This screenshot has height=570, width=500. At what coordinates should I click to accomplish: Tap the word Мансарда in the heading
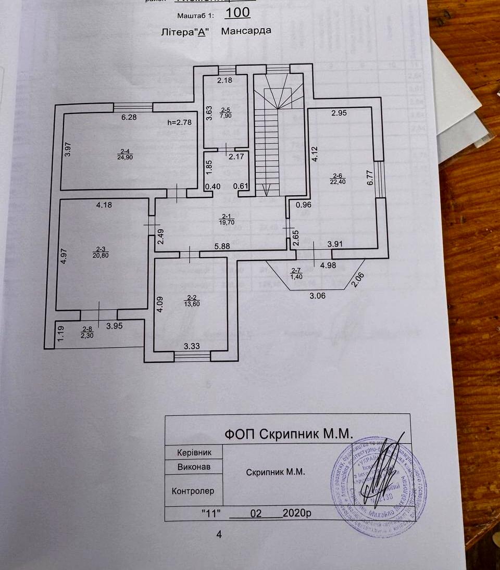coord(246,31)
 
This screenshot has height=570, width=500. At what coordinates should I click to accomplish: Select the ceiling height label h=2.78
coord(180,123)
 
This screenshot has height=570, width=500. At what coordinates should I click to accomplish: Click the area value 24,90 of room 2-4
coord(124,157)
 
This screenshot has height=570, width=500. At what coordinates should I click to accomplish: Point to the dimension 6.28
coord(129,117)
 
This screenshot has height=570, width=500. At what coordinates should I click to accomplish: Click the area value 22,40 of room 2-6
coord(338,181)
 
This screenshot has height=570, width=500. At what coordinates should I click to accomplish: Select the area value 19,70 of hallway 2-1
coord(226,222)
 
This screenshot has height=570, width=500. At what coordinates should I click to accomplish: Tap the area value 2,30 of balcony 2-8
coord(86,336)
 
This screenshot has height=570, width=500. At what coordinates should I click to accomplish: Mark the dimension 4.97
coord(64,257)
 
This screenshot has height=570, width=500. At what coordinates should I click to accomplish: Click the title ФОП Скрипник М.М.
coord(289,434)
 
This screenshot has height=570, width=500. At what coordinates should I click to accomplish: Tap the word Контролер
coord(193,491)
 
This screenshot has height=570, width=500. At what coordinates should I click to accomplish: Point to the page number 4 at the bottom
coord(219,534)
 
